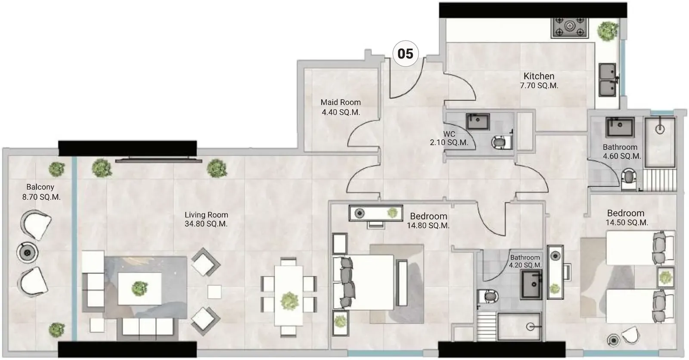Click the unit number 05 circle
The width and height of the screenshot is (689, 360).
[x=405, y=53]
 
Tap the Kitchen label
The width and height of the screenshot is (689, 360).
[x=539, y=76]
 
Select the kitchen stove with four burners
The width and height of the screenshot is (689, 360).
[x=570, y=28]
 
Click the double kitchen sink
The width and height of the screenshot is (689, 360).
[x=608, y=80]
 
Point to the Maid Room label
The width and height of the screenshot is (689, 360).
[x=341, y=102]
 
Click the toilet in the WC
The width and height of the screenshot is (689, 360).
[x=501, y=142]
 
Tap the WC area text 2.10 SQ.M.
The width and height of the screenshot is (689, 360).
[x=449, y=143]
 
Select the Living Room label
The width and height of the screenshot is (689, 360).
[x=206, y=215]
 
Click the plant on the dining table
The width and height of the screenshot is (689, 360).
[x=289, y=301]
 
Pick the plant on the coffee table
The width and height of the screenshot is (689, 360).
[x=140, y=289]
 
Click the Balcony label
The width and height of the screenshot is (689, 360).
[x=40, y=187]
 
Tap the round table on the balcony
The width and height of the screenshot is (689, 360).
[x=28, y=253]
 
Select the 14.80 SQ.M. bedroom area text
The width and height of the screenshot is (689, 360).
[x=428, y=226]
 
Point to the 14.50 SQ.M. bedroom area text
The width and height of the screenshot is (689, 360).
[x=627, y=223]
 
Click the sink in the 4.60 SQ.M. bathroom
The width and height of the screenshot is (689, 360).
[x=620, y=127]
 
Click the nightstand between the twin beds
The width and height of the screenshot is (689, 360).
[x=665, y=277]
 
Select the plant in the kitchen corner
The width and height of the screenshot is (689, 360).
[x=608, y=31]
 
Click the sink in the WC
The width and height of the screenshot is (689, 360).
[x=478, y=121]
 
